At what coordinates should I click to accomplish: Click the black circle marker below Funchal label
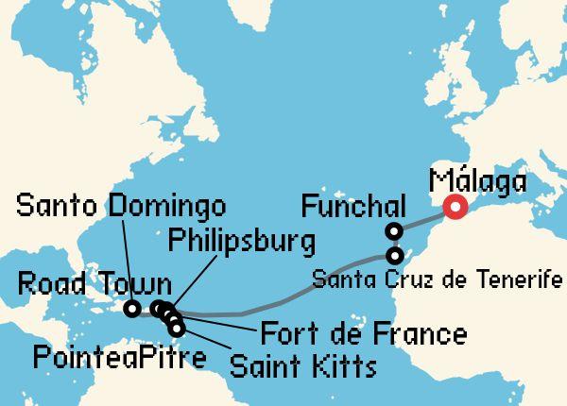pyautogui.click(x=394, y=231)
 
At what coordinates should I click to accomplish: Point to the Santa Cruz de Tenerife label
pyautogui.click(x=436, y=280)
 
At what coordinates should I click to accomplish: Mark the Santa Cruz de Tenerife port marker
pyautogui.click(x=394, y=255)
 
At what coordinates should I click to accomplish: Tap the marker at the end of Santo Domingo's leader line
pyautogui.click(x=134, y=308)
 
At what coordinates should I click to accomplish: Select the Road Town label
pyautogui.click(x=95, y=284)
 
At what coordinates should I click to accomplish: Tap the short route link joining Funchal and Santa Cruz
pyautogui.click(x=394, y=244)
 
